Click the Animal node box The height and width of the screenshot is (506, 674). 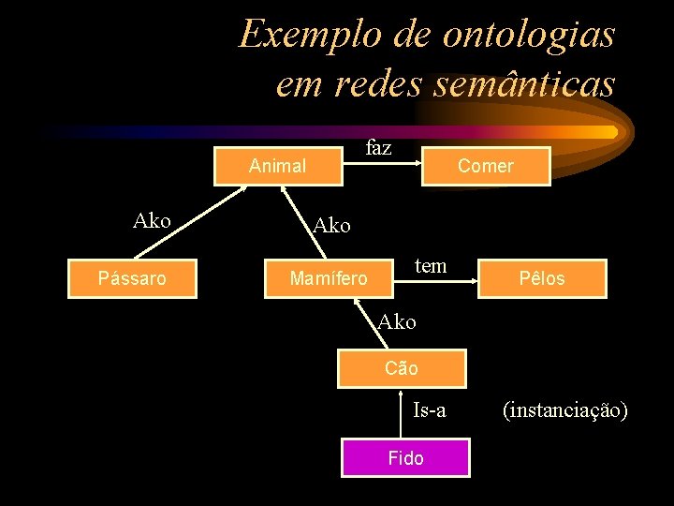click(278, 166)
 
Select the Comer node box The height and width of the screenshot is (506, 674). click(485, 166)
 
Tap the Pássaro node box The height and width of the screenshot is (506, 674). click(132, 278)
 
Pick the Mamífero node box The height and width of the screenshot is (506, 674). click(329, 278)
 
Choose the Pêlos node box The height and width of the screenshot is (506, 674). click(542, 278)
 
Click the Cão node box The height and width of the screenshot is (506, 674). click(402, 368)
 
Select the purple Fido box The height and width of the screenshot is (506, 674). click(405, 458)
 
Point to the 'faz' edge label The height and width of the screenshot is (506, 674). click(378, 148)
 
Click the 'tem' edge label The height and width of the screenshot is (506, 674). click(430, 265)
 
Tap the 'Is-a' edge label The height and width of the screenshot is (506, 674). click(430, 409)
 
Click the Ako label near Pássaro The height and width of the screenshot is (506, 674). click(152, 221)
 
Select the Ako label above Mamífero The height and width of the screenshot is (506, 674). click(331, 226)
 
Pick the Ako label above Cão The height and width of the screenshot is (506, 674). click(397, 322)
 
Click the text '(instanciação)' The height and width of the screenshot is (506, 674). click(564, 409)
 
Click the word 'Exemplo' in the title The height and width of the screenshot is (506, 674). click(305, 35)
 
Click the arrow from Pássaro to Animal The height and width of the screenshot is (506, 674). click(192, 222)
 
